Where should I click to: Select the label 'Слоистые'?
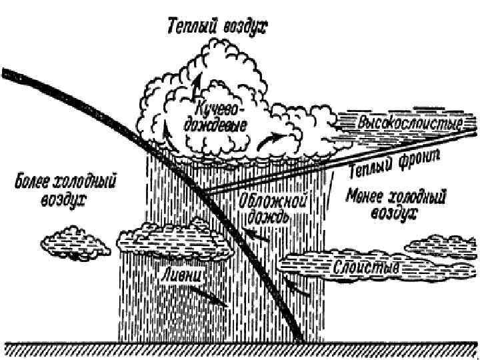[x=366, y=268]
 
